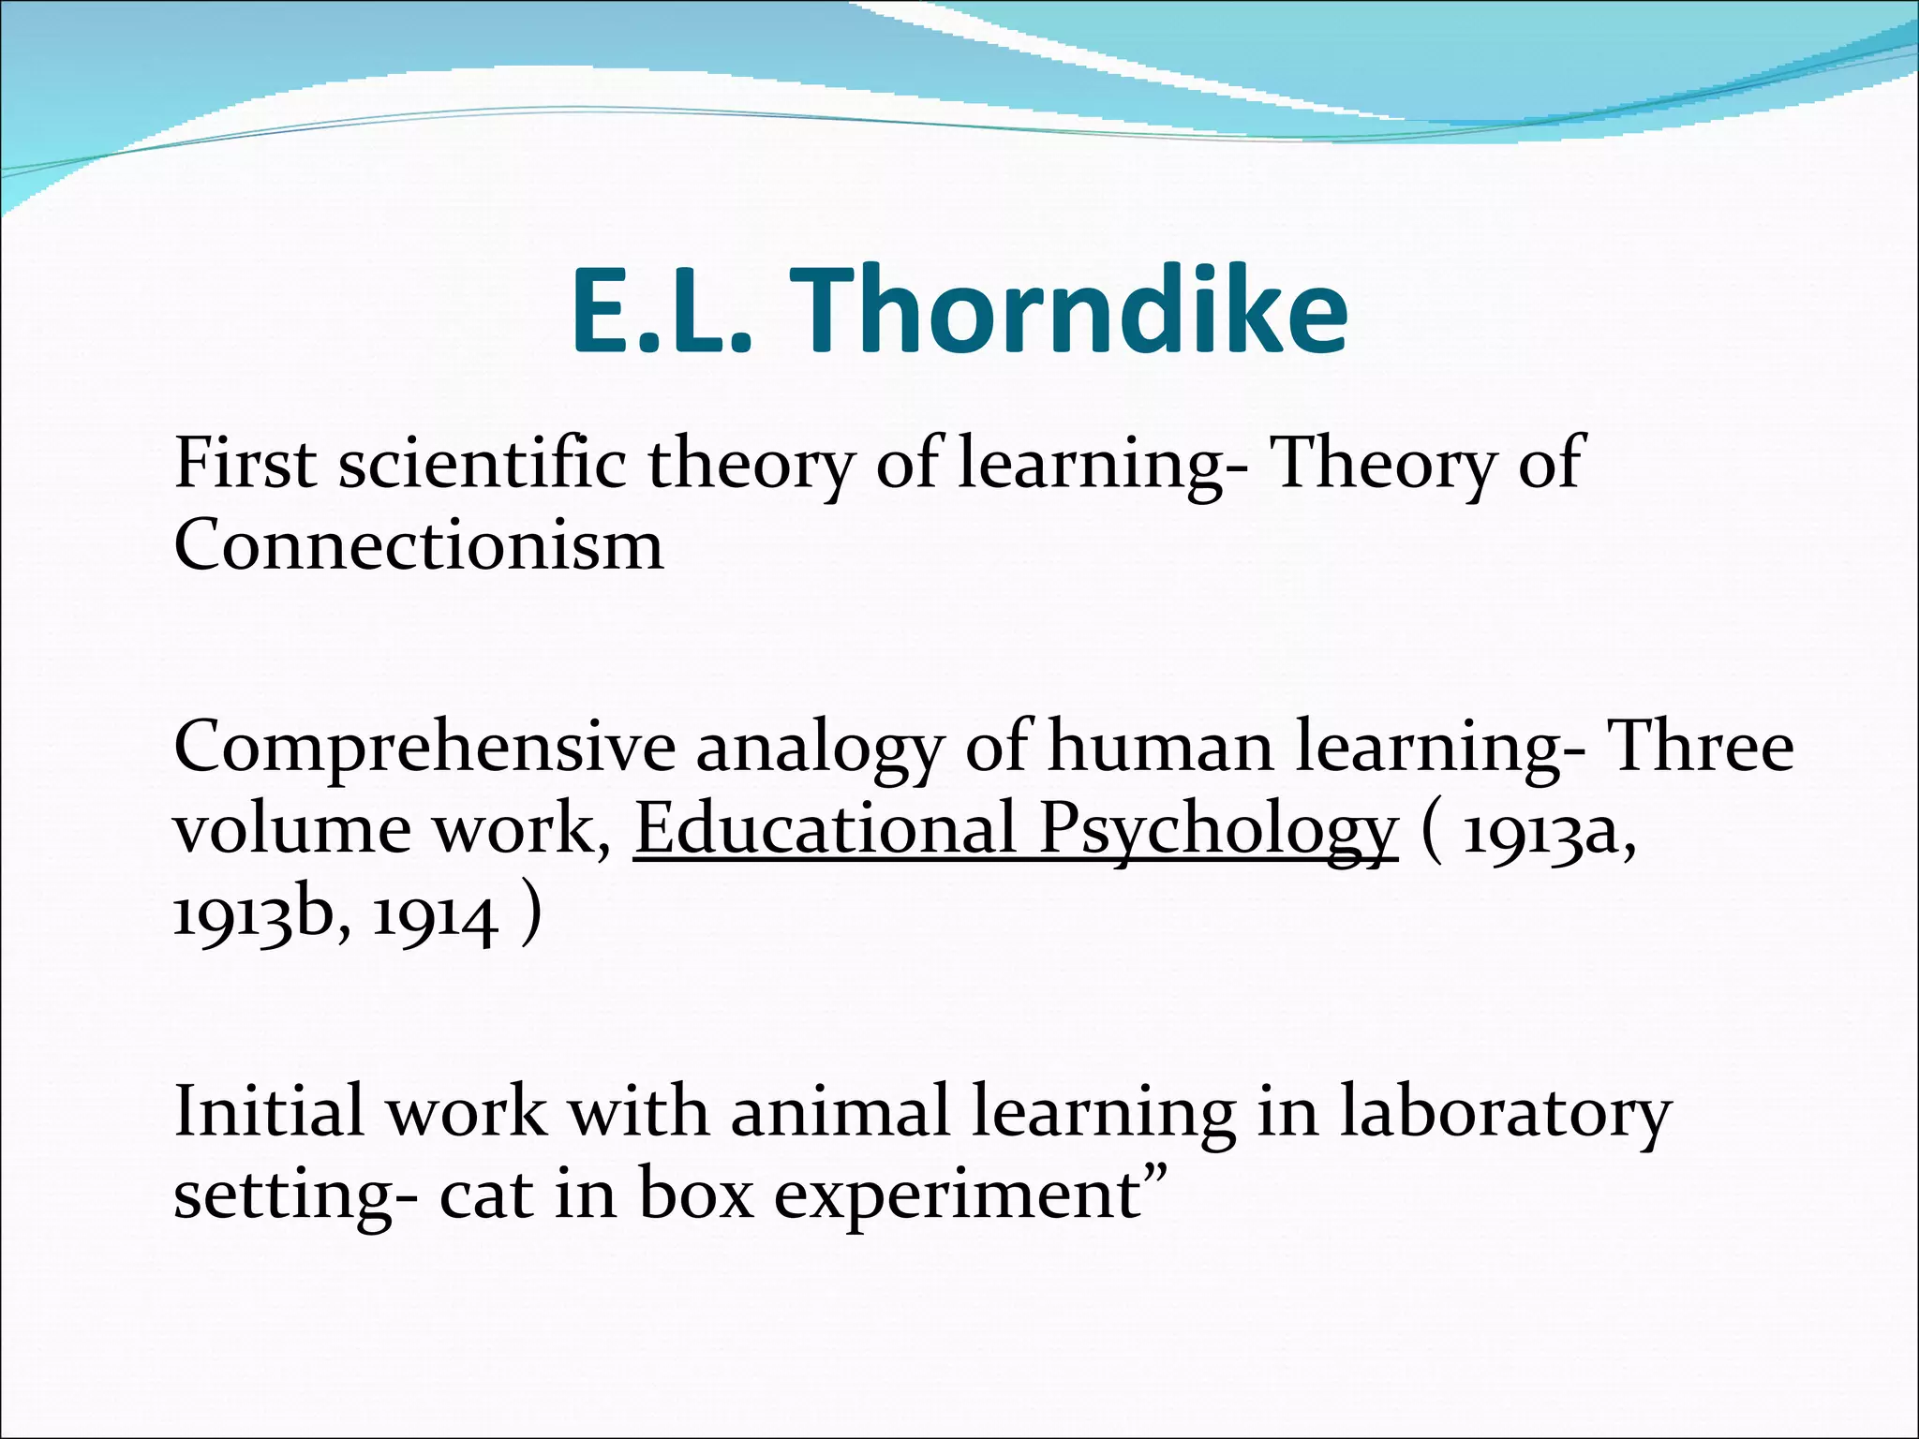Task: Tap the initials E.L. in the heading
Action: pyautogui.click(x=662, y=311)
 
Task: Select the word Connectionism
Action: pyautogui.click(x=419, y=545)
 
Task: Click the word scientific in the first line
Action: pyautogui.click(x=482, y=464)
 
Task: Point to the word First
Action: pyautogui.click(x=245, y=464)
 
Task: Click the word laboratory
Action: pyautogui.click(x=1505, y=1112)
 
